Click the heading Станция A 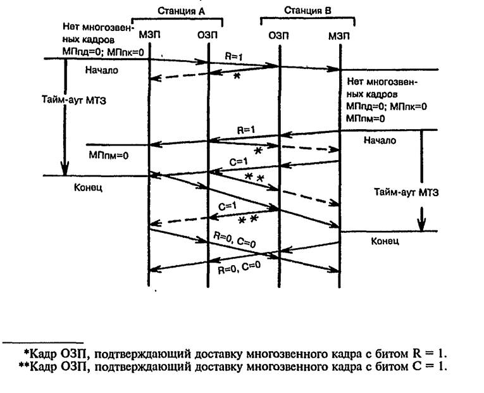tap(179, 11)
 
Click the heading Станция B tap(307, 11)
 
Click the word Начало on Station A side tap(101, 70)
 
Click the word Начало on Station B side tap(380, 140)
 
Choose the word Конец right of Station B tap(384, 241)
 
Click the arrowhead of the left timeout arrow tap(64, 170)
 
